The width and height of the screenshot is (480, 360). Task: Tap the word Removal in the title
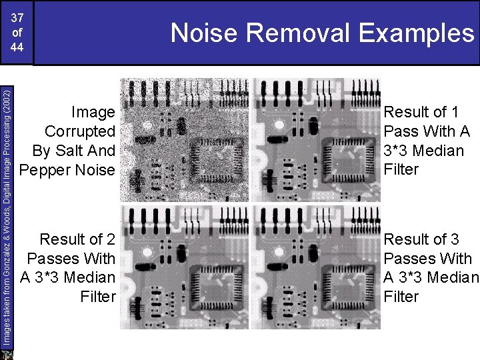point(296,33)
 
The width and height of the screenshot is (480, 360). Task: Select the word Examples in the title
point(415,33)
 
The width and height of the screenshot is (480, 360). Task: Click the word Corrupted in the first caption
point(79,131)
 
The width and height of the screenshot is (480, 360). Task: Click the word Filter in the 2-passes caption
point(98,297)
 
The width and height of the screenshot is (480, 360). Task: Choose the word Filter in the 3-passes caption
point(401,297)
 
